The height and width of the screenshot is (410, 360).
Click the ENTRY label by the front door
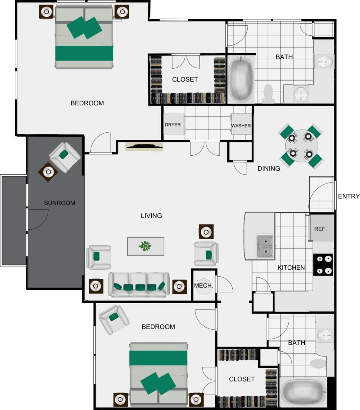click(348, 196)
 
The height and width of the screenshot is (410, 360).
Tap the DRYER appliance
click(173, 124)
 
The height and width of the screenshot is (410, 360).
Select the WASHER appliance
click(241, 125)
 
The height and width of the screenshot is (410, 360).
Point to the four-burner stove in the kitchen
click(323, 265)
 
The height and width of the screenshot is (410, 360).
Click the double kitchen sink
click(265, 246)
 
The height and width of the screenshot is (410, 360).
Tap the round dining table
click(301, 146)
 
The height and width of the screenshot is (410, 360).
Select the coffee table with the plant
click(145, 246)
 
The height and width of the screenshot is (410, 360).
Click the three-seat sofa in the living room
click(139, 285)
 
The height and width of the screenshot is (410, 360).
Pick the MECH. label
click(203, 285)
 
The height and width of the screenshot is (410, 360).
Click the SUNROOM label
click(60, 203)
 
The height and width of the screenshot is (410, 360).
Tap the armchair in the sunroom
click(65, 157)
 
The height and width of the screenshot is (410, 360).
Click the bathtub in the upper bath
click(241, 79)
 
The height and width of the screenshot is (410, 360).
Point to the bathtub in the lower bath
click(303, 393)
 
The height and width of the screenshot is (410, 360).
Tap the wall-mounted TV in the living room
click(144, 147)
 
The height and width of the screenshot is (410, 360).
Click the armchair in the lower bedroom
click(114, 319)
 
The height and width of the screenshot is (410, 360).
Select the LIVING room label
click(151, 216)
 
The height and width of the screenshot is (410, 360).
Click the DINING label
click(268, 168)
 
